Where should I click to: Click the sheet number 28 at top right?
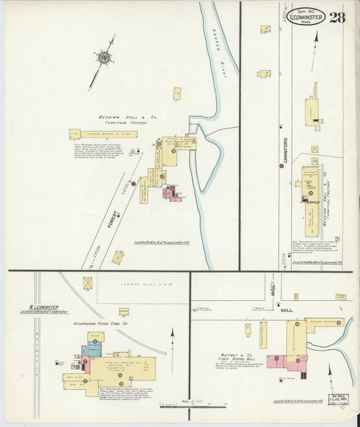pos(337,16)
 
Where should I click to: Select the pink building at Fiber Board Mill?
pos(278,362)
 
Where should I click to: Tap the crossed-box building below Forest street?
pos(118,258)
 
